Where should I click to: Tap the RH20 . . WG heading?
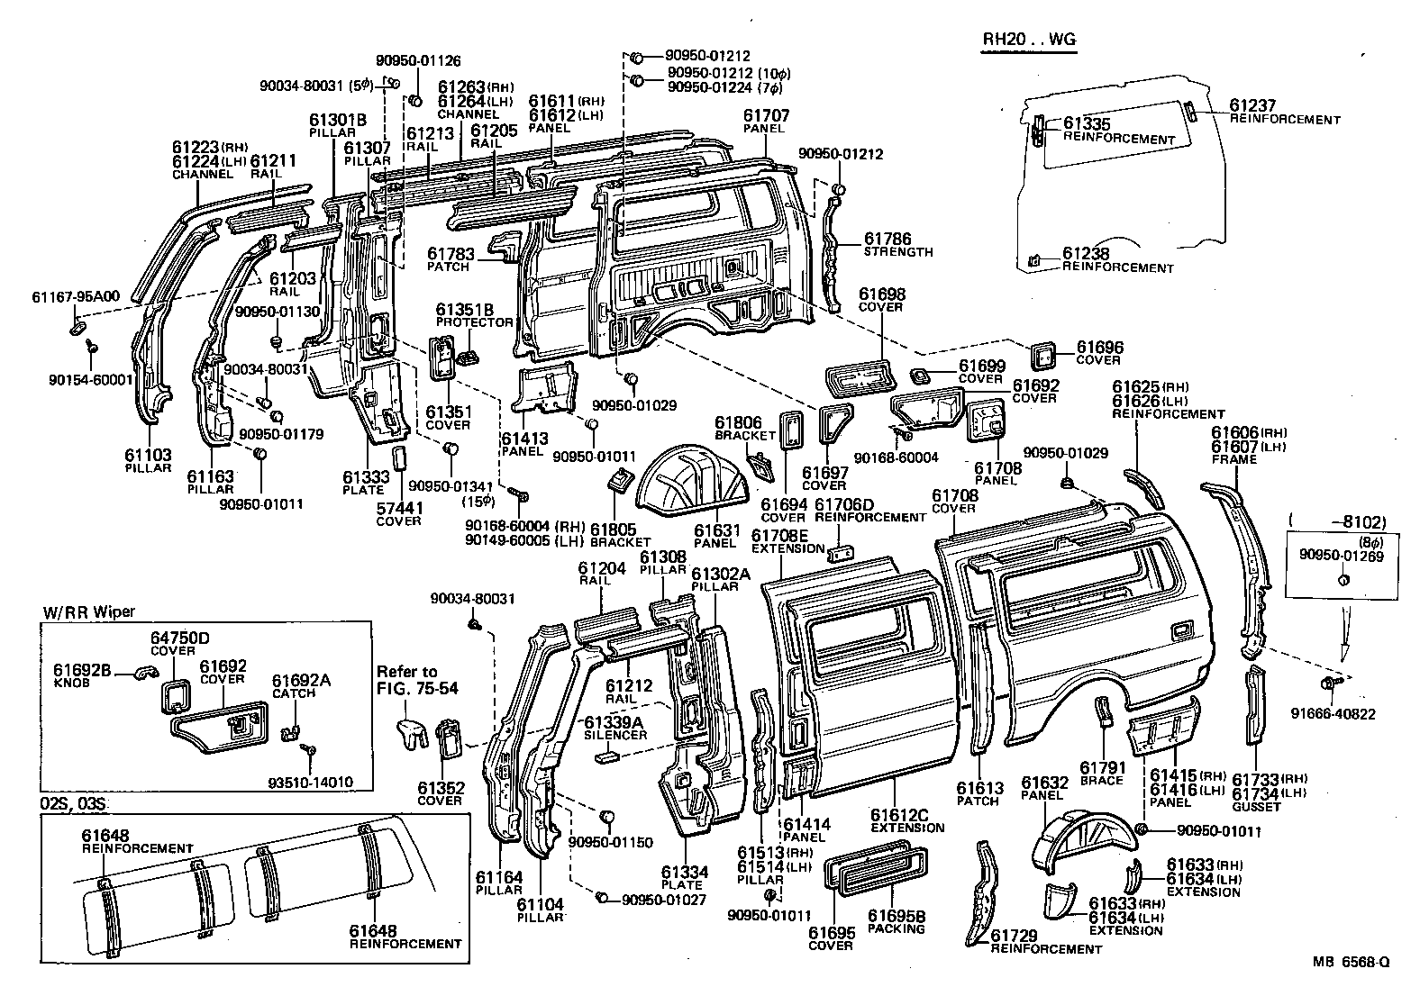(x=1028, y=40)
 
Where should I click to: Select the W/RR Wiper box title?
(x=88, y=612)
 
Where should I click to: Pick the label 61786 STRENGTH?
(x=897, y=244)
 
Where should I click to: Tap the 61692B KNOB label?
(x=81, y=675)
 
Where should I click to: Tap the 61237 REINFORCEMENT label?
(x=1279, y=112)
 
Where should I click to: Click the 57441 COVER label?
(x=398, y=514)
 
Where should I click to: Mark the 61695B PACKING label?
(x=896, y=921)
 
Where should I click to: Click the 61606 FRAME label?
(x=1234, y=446)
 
